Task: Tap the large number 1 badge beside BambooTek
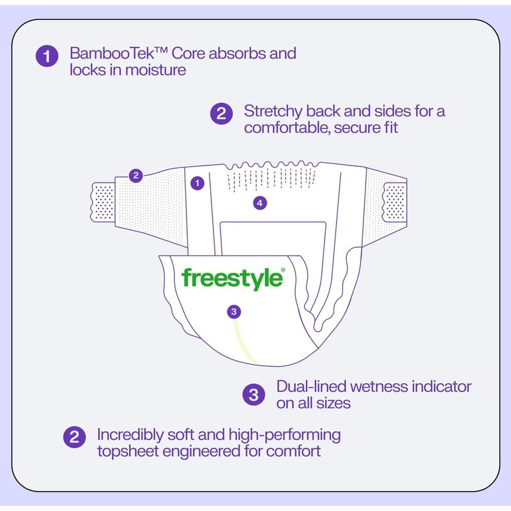46,56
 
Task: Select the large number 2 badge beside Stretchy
220,114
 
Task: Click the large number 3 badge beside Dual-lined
253,395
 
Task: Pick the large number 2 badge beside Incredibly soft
73,438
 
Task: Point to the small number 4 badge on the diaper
259,203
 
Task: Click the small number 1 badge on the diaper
197,183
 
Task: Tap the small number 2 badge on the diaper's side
135,176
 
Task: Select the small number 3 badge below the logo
234,312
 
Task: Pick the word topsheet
125,452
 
